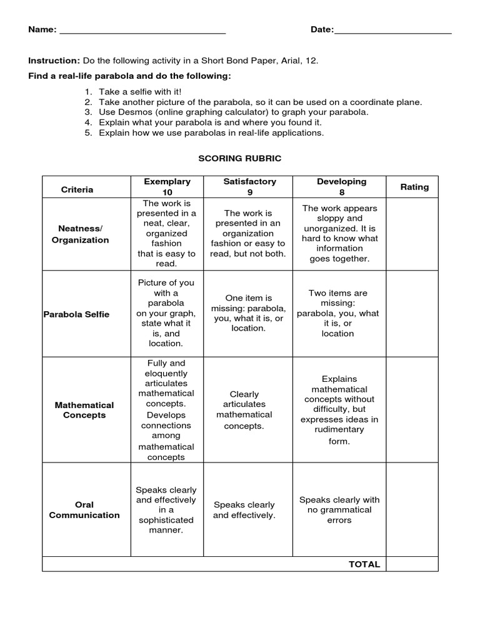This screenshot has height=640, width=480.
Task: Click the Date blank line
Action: (x=392, y=31)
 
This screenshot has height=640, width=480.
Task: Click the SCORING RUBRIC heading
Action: (x=240, y=158)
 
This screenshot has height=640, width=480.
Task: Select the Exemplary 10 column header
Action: (x=167, y=187)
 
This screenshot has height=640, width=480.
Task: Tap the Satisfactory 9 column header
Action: (x=249, y=187)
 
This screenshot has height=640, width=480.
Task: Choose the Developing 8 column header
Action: (x=341, y=187)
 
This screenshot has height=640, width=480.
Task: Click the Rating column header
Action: (x=414, y=187)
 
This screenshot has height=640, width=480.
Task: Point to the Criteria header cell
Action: (x=77, y=189)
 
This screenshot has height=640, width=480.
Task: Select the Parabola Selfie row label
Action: (x=76, y=314)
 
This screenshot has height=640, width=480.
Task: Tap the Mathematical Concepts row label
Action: (x=84, y=410)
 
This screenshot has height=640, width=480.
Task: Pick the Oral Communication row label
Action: (x=84, y=510)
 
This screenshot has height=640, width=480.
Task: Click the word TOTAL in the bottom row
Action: (x=364, y=564)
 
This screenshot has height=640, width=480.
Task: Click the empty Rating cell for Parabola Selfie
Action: (x=412, y=314)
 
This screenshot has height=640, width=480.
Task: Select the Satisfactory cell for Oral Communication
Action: (x=244, y=510)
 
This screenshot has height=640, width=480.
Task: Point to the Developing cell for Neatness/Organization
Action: (x=339, y=233)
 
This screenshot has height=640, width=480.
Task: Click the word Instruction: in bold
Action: (x=54, y=61)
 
